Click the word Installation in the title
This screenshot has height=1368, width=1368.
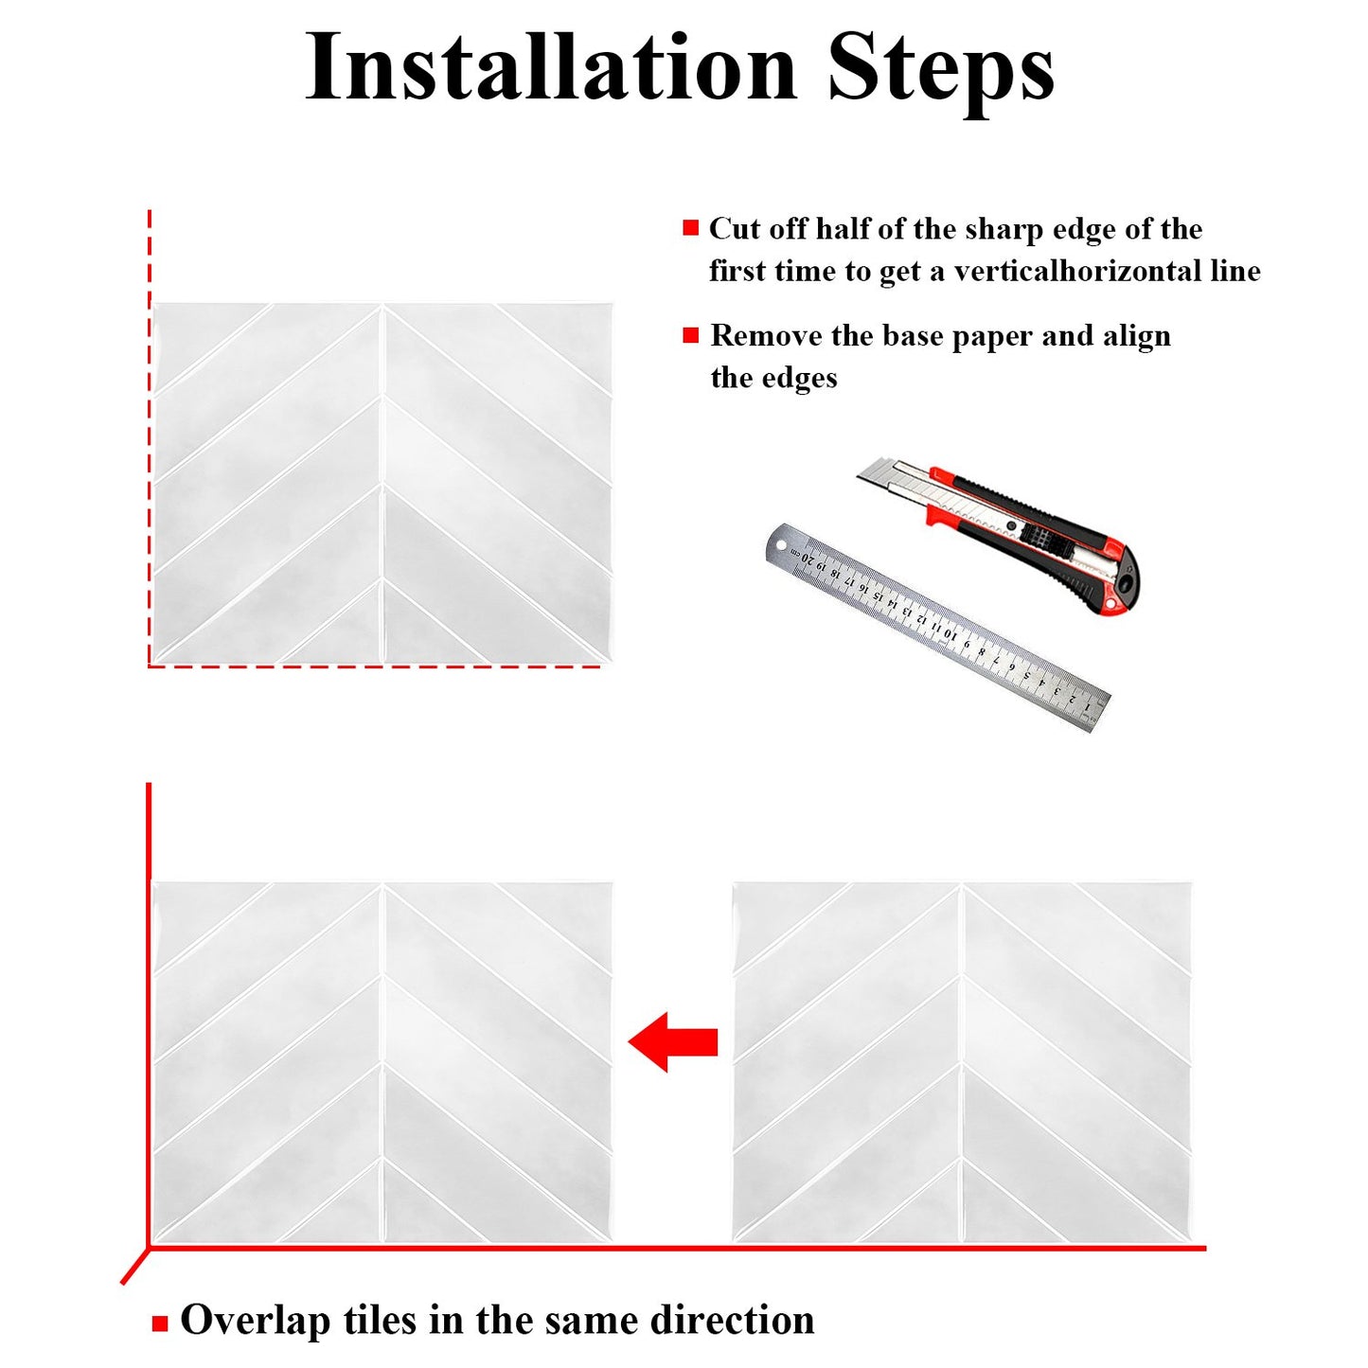[x=551, y=68]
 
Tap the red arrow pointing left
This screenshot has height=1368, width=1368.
[x=673, y=1041]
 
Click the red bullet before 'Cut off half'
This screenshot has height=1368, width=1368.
[x=690, y=228]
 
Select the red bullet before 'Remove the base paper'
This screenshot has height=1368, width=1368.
[x=690, y=335]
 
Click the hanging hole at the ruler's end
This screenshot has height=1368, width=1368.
[x=782, y=544]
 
